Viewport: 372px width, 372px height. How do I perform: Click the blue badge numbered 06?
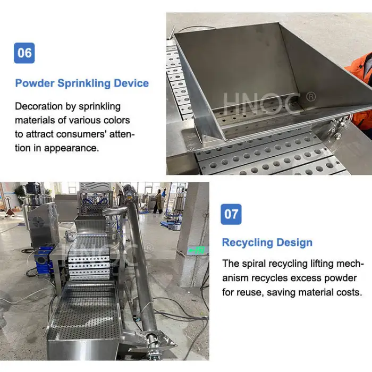[x=24, y=53]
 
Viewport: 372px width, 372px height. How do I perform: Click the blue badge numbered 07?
[x=231, y=214]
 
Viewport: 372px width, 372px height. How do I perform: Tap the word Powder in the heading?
[x=35, y=83]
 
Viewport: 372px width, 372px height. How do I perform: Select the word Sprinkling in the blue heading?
[x=84, y=83]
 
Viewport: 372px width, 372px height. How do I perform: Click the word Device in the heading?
[x=131, y=83]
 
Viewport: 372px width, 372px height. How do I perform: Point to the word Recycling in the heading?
[x=248, y=243]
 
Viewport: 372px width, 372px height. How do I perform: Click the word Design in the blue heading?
[x=294, y=243]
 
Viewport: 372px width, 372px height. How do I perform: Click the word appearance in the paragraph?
[x=71, y=148]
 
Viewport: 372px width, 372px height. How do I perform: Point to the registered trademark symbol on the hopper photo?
[x=311, y=97]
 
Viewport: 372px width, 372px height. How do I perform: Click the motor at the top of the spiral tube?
[x=130, y=192]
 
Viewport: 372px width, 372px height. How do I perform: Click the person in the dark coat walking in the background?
[x=157, y=203]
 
